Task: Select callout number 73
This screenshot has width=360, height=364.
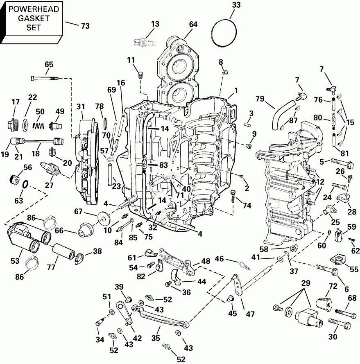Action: (x=85, y=27)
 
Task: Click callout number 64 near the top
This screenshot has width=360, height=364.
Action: (x=193, y=24)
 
